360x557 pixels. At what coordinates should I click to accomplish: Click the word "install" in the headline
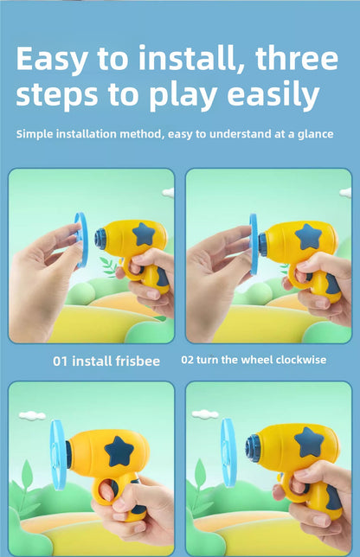(x=187, y=58)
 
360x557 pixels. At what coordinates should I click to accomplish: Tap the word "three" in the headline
(x=296, y=58)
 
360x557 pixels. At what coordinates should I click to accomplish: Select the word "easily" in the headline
(x=273, y=95)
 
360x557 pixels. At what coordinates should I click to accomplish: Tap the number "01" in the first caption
(x=60, y=362)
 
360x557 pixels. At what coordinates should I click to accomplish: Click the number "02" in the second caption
(x=187, y=360)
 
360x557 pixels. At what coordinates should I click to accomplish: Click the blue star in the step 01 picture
(x=144, y=234)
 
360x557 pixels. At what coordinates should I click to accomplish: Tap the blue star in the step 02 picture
(x=308, y=236)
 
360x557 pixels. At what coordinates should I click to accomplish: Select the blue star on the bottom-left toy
(x=119, y=451)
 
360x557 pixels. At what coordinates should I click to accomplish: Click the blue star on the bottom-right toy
(x=309, y=442)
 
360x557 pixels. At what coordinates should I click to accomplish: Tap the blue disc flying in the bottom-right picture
(x=228, y=452)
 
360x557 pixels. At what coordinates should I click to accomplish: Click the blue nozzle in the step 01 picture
(x=101, y=239)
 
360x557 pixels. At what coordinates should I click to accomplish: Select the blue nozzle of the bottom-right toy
(x=253, y=449)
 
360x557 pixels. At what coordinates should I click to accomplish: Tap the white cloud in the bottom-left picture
(x=32, y=415)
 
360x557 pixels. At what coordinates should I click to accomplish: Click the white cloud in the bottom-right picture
(x=205, y=413)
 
